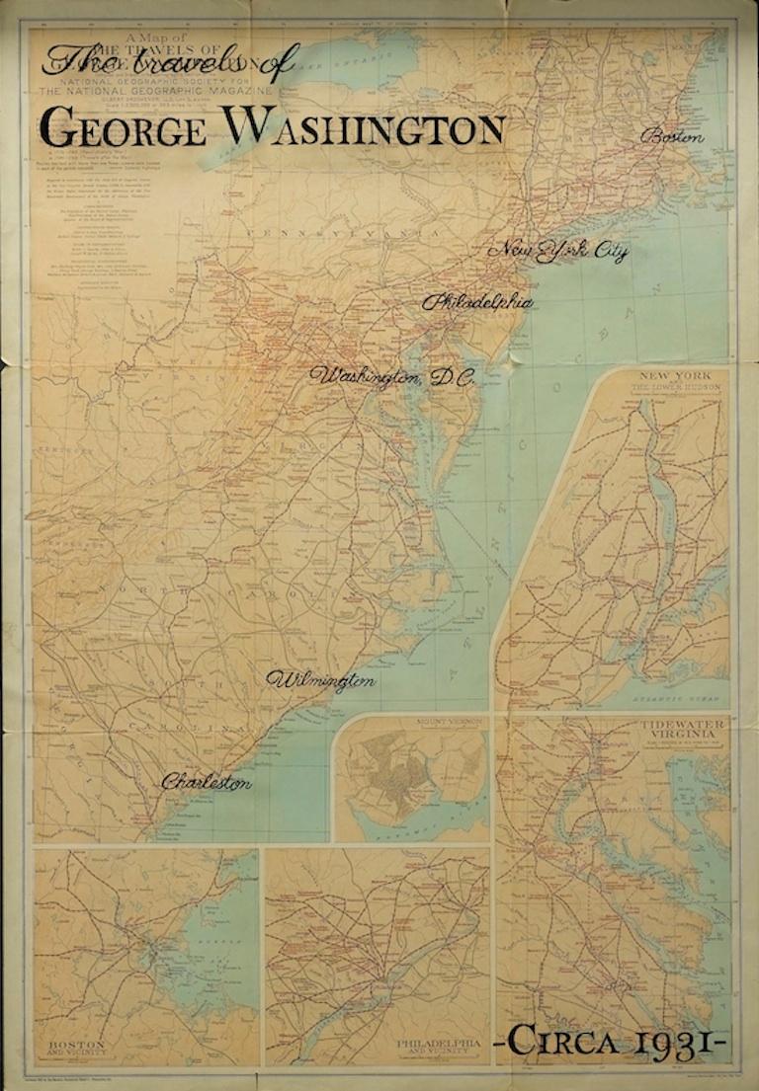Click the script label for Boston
(674, 137)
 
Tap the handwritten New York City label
(558, 252)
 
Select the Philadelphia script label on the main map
(477, 302)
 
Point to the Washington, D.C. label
(392, 377)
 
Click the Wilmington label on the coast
(321, 680)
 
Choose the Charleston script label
(206, 782)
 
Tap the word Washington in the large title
(364, 128)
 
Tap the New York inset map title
(670, 380)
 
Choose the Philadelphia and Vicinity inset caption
(439, 1046)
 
